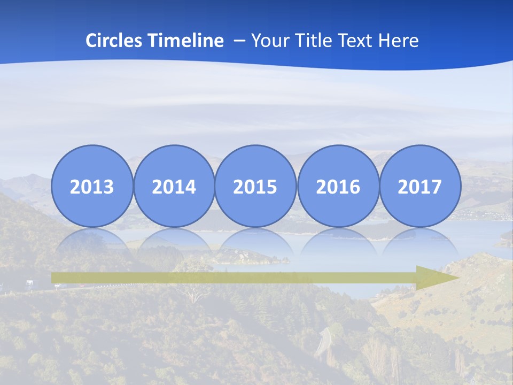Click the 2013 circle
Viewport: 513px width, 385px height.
pyautogui.click(x=92, y=186)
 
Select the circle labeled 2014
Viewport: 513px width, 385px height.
pyautogui.click(x=174, y=186)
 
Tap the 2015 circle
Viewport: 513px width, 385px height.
pyautogui.click(x=255, y=186)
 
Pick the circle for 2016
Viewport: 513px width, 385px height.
pyautogui.click(x=338, y=186)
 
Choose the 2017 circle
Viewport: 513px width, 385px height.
pyautogui.click(x=420, y=186)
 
